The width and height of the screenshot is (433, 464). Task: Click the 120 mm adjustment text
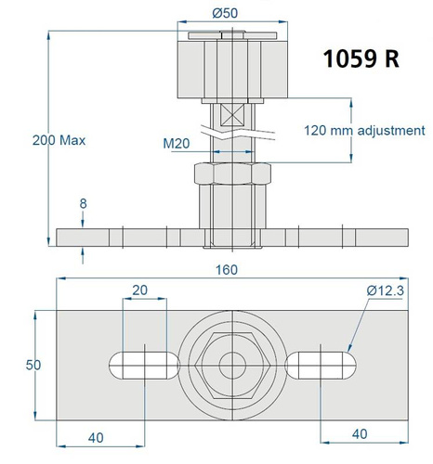(x=363, y=130)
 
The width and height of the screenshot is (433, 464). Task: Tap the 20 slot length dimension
(x=139, y=290)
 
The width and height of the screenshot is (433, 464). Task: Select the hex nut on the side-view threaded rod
(x=230, y=174)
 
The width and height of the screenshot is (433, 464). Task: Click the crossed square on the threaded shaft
(x=230, y=118)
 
